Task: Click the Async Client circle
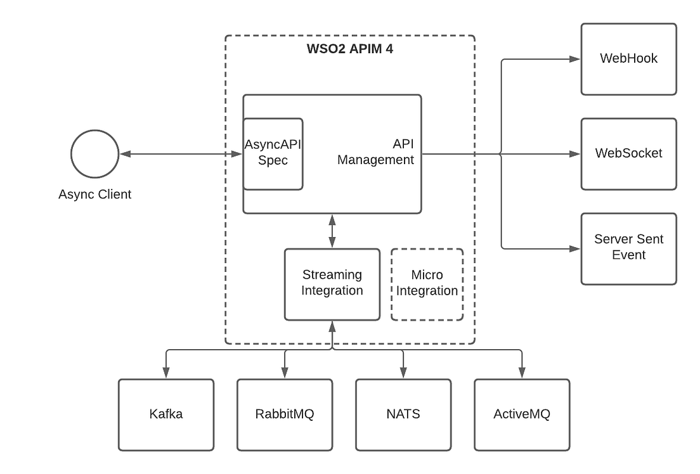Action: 94,154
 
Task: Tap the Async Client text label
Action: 94,194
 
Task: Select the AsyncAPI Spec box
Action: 273,153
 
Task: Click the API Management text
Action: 375,153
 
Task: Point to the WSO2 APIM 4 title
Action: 349,49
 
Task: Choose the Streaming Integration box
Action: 332,284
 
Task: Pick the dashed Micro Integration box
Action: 427,284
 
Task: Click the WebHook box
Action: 628,59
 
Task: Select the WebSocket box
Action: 628,153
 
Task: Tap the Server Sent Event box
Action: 628,248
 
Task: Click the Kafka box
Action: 166,414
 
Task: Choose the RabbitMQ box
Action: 285,414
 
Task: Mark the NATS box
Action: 403,414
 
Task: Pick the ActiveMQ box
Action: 522,414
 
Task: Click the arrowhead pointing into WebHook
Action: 574,59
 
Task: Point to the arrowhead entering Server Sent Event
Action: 574,248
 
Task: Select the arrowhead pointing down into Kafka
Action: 166,373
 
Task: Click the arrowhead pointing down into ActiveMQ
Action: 522,373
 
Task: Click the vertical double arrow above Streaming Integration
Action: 332,231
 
